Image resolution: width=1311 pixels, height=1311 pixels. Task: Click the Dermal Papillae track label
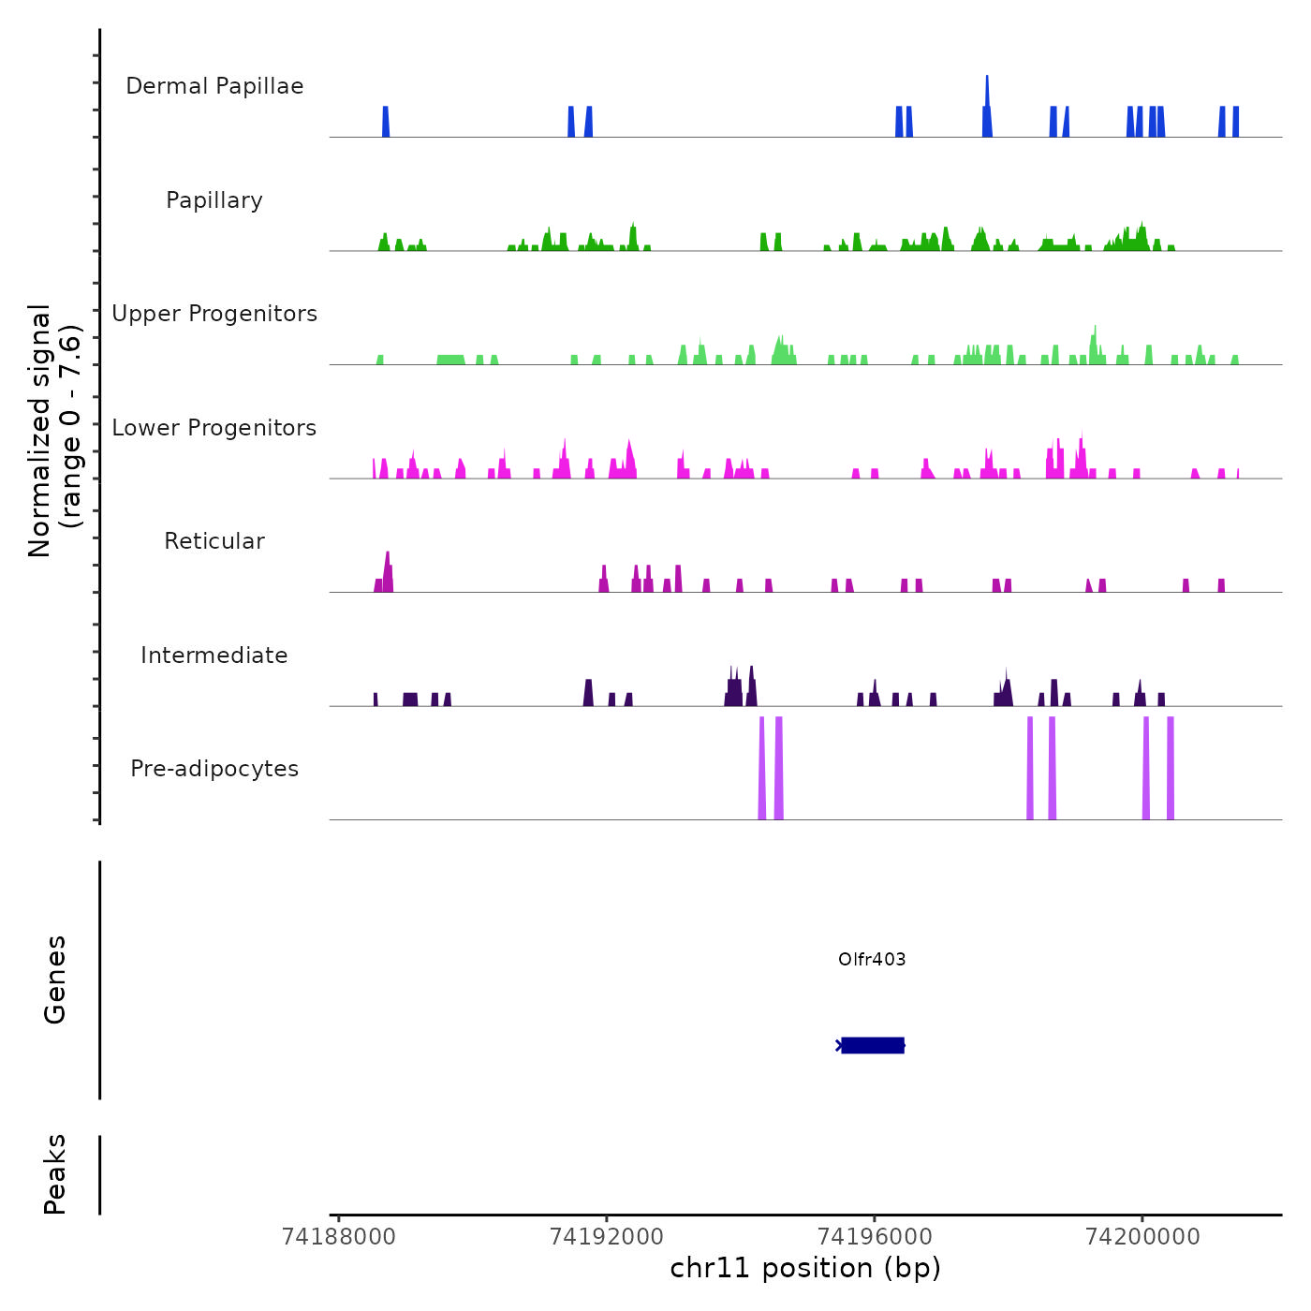point(214,86)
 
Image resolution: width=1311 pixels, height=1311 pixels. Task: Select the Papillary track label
point(214,200)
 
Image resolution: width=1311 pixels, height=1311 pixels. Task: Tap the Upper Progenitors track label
point(214,314)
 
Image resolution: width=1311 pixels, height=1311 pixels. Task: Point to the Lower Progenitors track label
point(214,428)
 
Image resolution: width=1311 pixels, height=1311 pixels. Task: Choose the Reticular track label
point(214,541)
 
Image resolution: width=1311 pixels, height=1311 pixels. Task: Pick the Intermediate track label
point(214,655)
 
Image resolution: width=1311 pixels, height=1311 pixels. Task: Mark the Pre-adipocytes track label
point(214,769)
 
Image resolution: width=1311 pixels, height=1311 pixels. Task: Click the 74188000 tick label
point(339,1237)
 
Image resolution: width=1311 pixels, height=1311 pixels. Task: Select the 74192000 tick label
point(607,1237)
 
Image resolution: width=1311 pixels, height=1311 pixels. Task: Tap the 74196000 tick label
point(875,1237)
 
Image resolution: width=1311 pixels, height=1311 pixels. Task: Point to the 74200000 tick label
point(1142,1237)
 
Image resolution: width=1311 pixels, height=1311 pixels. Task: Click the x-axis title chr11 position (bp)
point(805,1269)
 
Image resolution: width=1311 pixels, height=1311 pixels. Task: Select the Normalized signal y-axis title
point(54,431)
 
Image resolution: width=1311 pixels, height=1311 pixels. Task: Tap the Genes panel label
point(55,980)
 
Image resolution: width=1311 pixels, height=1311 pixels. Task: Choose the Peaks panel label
point(55,1174)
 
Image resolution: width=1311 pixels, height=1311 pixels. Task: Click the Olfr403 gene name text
point(872,960)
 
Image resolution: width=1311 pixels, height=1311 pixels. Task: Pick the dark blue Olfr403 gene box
point(873,1045)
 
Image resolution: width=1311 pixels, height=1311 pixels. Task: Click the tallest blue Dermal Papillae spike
point(987,94)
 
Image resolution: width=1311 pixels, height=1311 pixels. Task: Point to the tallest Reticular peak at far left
point(388,567)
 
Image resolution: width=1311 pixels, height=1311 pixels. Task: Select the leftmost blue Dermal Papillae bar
point(385,122)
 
